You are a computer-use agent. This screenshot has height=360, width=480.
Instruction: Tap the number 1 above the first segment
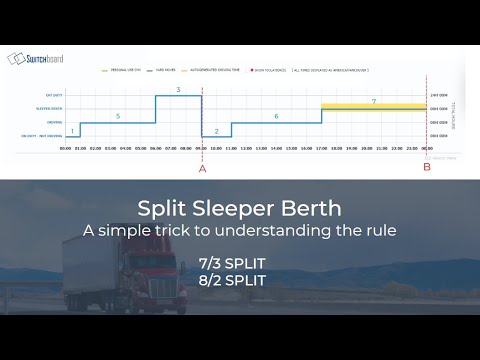tap(72, 131)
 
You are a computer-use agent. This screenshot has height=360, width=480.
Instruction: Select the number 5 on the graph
tap(118, 117)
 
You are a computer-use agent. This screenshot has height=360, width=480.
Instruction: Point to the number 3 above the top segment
tap(178, 90)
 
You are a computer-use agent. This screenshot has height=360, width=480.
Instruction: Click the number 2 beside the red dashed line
tap(216, 131)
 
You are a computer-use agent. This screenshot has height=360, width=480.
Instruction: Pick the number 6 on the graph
tap(276, 117)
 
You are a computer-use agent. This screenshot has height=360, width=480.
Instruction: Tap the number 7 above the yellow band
tap(373, 102)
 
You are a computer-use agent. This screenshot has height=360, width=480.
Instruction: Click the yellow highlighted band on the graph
tap(373, 107)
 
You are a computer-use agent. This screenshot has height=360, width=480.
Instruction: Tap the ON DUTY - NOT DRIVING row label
tap(42, 137)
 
